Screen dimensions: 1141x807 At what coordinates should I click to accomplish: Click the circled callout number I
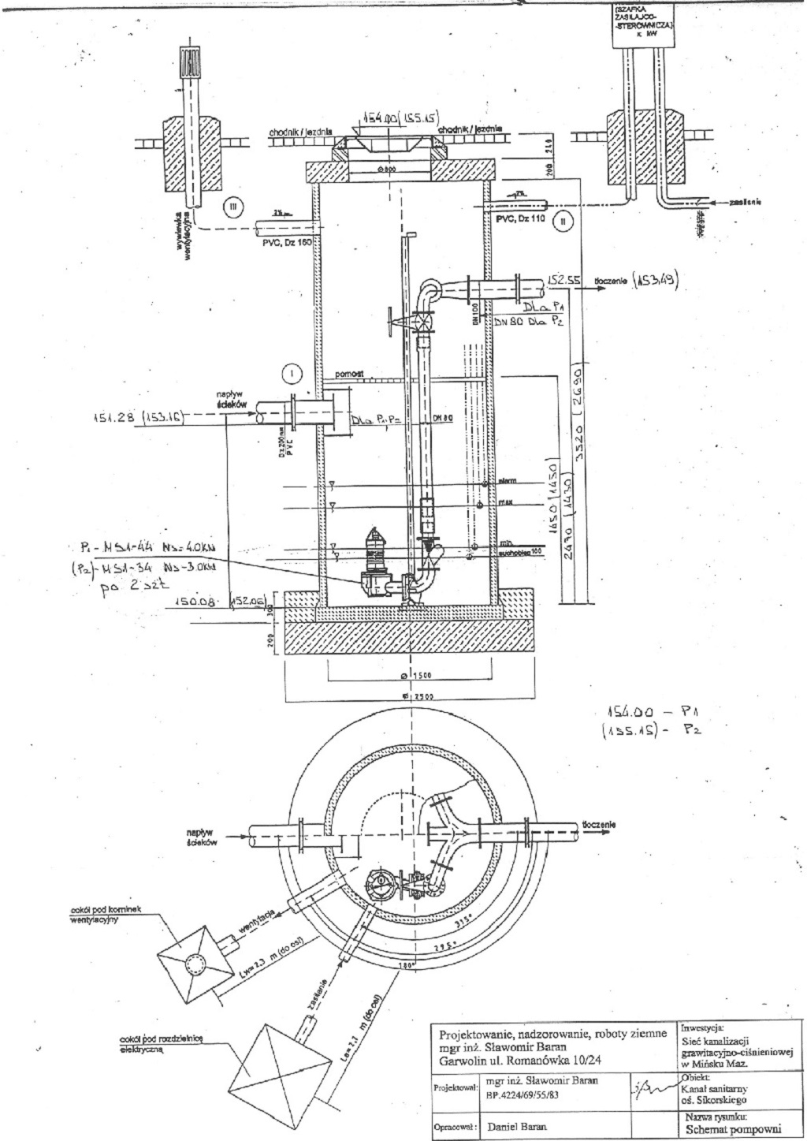point(292,371)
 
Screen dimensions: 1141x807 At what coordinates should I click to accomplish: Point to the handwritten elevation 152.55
point(560,279)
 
